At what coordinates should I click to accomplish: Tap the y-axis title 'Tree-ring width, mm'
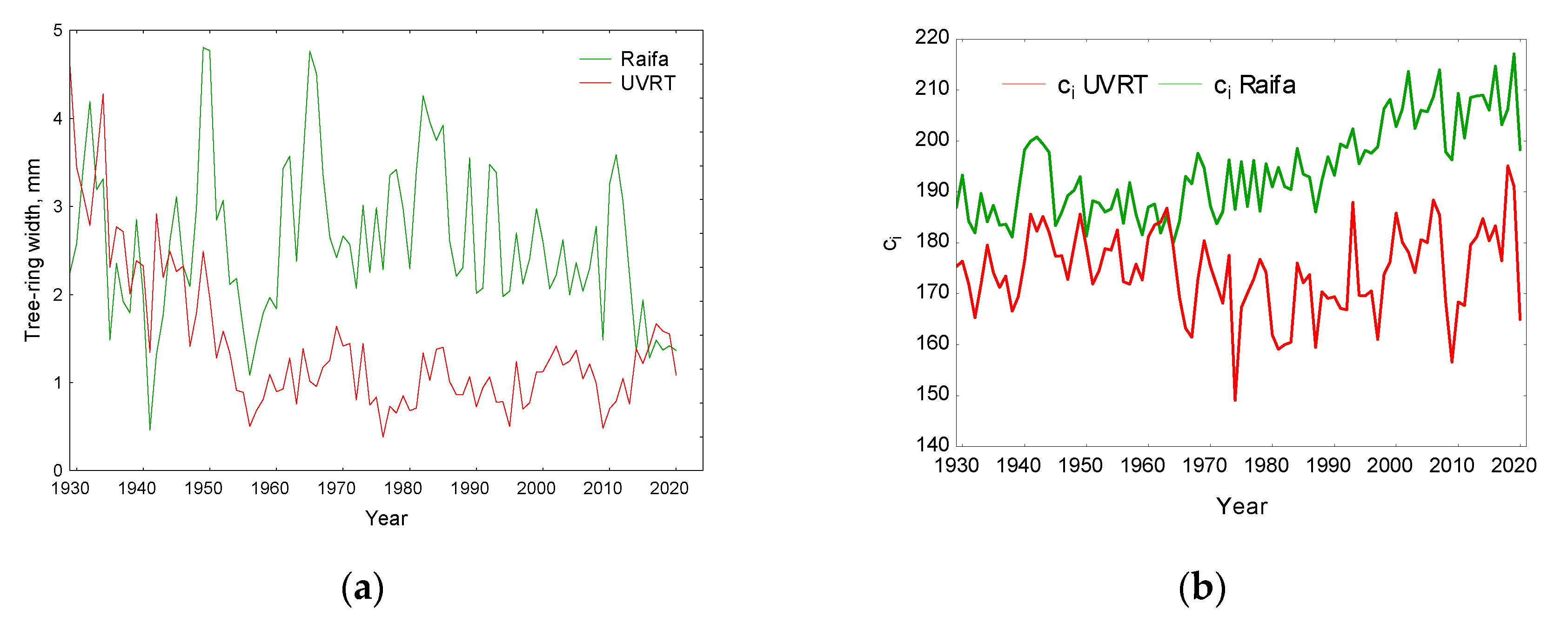coord(32,250)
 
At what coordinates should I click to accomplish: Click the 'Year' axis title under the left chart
coord(386,518)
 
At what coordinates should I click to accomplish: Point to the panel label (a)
coord(362,588)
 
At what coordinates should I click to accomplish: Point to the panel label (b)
coord(1202,588)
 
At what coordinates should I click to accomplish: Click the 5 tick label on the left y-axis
coord(58,30)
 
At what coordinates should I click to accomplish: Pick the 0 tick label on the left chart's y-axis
coord(58,470)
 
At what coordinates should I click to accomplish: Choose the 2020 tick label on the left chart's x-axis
coord(669,489)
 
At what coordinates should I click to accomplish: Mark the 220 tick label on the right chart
coord(932,38)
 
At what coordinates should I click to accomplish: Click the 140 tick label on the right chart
coord(932,445)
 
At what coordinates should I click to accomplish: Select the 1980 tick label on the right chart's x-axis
coord(1266,465)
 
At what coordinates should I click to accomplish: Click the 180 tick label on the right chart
coord(932,242)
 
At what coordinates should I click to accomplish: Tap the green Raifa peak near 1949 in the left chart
coord(204,48)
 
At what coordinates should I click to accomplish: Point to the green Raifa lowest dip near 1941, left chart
coord(150,429)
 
